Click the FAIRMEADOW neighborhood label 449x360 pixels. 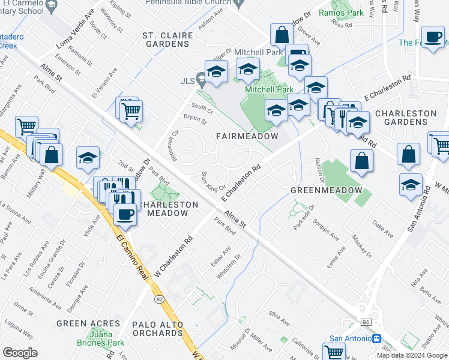247,136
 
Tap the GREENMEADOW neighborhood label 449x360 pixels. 326,190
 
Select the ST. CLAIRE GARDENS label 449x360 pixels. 167,40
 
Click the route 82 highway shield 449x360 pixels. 159,298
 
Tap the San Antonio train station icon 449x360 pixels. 376,338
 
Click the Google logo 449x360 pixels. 20,353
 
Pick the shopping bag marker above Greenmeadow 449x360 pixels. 361,160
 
